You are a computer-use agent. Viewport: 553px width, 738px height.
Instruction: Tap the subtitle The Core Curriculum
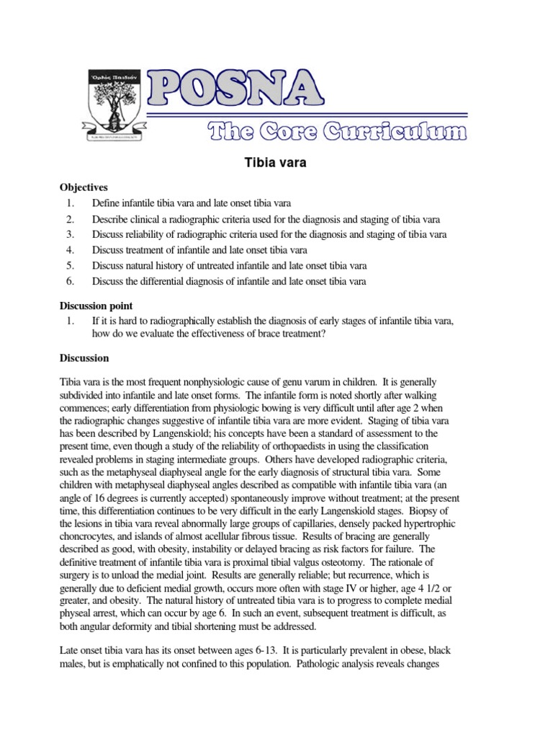tap(337, 131)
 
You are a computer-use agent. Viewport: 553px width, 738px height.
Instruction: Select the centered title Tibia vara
tap(276, 163)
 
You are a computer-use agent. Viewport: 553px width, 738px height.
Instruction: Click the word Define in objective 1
tap(107, 203)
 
